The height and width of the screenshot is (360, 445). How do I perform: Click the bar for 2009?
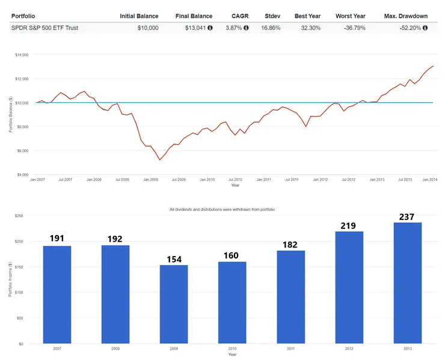click(x=174, y=304)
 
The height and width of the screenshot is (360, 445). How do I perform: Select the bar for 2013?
click(x=407, y=283)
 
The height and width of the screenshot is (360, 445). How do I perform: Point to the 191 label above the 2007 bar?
click(x=58, y=239)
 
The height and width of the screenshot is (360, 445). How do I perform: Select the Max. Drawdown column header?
click(x=407, y=16)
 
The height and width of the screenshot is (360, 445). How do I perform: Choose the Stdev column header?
click(x=273, y=16)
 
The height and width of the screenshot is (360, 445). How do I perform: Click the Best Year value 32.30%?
click(x=307, y=28)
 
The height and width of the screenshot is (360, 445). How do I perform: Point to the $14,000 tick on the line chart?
click(x=22, y=55)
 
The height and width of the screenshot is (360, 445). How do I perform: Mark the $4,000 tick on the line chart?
click(x=23, y=174)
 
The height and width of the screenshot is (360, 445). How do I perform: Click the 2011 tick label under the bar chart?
click(x=290, y=349)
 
